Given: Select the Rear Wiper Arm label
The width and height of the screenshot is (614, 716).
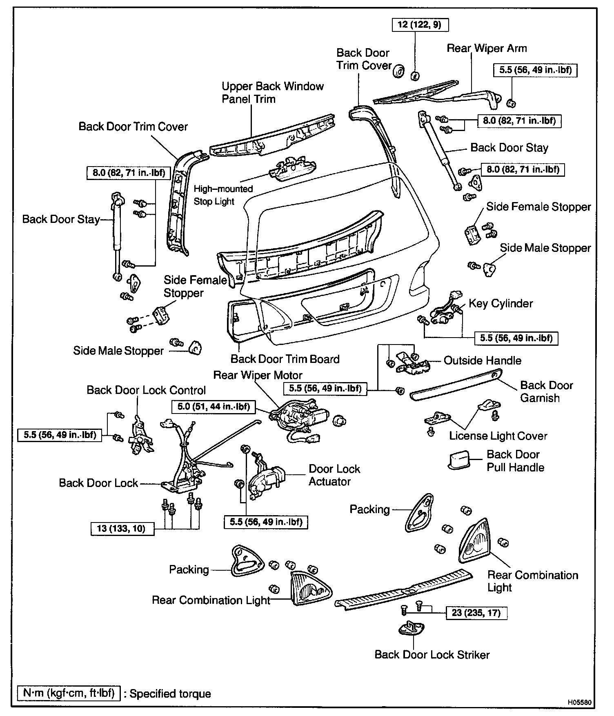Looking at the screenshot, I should [487, 49].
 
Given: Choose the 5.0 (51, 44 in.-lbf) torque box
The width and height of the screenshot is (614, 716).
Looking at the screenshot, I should [214, 407].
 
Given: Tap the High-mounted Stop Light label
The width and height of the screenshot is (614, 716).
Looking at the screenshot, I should [223, 195].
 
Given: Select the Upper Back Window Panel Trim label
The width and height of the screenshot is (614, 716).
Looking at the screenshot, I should [272, 93].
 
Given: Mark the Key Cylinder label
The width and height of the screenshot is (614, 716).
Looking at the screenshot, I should [501, 304].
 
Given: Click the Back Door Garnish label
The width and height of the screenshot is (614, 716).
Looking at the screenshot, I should [546, 391].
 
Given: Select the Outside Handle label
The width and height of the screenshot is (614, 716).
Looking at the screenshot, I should [482, 360].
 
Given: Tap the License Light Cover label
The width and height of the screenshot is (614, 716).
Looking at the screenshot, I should [498, 436].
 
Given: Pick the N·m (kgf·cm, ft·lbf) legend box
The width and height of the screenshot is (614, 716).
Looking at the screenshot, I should [69, 694].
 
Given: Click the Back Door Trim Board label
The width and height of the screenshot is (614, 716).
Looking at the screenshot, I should [285, 359].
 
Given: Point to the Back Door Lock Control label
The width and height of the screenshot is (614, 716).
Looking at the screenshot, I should [146, 390].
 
